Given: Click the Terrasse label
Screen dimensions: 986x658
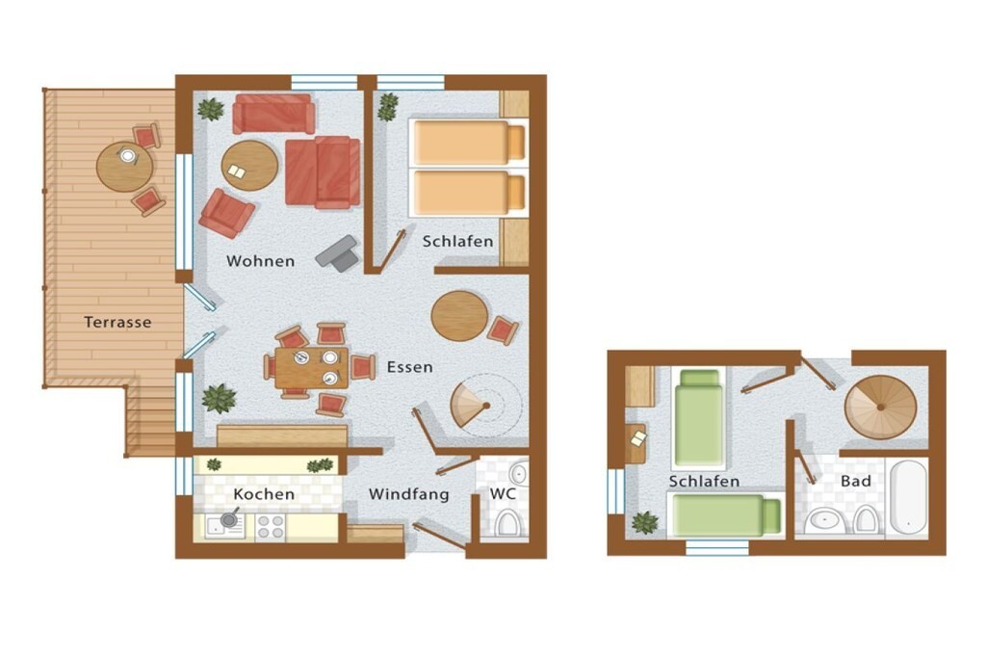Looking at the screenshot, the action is [x=117, y=322].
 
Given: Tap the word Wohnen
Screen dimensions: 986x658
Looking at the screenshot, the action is [x=260, y=260].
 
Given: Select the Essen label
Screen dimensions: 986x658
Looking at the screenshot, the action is [x=409, y=367].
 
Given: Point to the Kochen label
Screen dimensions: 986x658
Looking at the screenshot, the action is [x=264, y=494].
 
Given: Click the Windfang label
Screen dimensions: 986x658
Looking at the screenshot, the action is [x=408, y=494].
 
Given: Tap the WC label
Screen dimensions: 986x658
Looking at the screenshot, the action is [x=503, y=493].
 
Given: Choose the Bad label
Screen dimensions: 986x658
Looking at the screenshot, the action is [x=856, y=482].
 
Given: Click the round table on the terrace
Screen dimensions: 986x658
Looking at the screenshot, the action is [x=124, y=167].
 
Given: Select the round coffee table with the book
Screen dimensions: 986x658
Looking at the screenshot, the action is [x=249, y=166].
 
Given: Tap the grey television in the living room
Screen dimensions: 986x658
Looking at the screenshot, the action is [x=338, y=252].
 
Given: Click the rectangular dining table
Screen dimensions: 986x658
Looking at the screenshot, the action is [x=311, y=367].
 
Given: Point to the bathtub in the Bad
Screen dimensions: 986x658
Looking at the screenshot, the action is [x=908, y=497].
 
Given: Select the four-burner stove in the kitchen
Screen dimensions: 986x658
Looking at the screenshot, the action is [x=271, y=527].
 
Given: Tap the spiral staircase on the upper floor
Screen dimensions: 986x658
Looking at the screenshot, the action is [x=880, y=407].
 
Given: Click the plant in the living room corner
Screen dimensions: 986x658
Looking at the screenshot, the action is [x=211, y=109].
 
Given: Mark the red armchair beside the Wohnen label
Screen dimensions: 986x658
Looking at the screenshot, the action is [x=226, y=213].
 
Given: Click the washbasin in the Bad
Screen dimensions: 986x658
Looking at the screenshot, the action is [x=825, y=521].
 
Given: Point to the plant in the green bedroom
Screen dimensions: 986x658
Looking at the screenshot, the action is [x=644, y=522].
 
